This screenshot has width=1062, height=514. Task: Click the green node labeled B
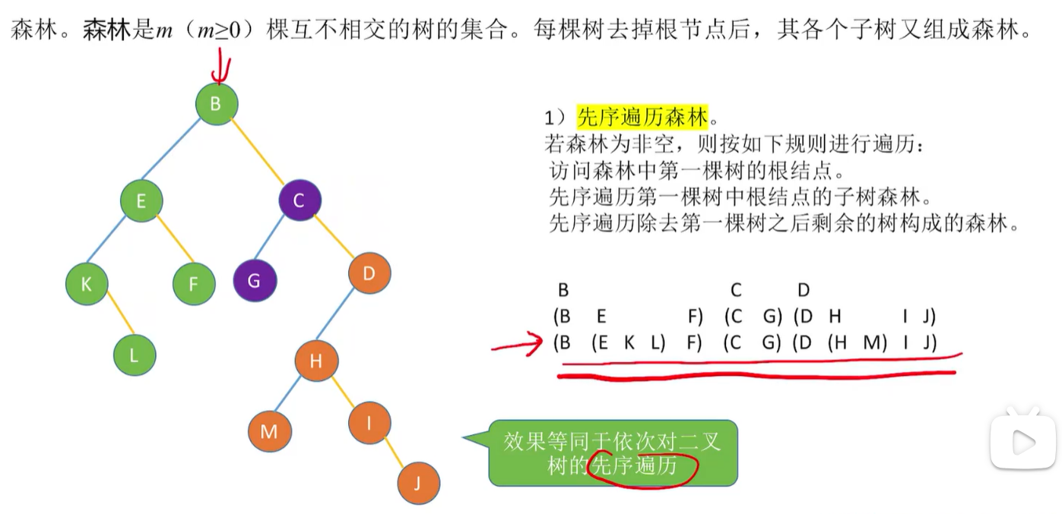click(217, 104)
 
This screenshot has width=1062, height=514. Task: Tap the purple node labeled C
click(300, 200)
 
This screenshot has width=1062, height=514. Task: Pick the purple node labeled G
click(255, 281)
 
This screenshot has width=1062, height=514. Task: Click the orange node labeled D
click(369, 273)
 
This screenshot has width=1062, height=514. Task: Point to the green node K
click(87, 284)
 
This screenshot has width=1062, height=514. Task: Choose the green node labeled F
click(194, 284)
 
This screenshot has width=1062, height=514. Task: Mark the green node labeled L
click(135, 354)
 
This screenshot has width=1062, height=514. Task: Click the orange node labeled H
click(316, 361)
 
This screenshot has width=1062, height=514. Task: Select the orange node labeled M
click(269, 432)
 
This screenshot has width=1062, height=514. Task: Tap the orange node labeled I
click(369, 424)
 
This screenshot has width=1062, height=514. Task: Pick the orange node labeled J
click(418, 483)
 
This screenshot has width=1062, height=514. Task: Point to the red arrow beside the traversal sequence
click(521, 345)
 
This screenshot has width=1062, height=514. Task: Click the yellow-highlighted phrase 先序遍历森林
click(642, 118)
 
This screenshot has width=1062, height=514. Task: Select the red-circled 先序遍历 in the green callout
click(635, 465)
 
